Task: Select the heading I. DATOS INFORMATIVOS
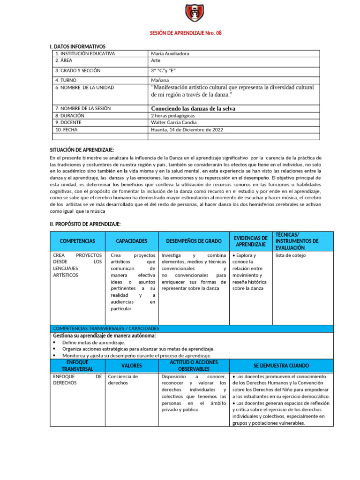click(77, 46)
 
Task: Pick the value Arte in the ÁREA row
click(156, 60)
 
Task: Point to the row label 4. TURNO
click(68, 80)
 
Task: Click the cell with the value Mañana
click(160, 80)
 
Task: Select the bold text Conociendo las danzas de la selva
click(193, 108)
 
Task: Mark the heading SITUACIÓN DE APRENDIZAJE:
click(82, 150)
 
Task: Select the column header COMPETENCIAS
click(77, 241)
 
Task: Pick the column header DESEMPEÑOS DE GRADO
click(194, 241)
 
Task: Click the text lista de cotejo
click(291, 255)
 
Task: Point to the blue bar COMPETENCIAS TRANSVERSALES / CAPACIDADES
click(106, 329)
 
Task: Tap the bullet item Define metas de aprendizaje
click(93, 343)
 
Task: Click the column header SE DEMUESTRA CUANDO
click(281, 365)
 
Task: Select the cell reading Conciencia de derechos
click(123, 379)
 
